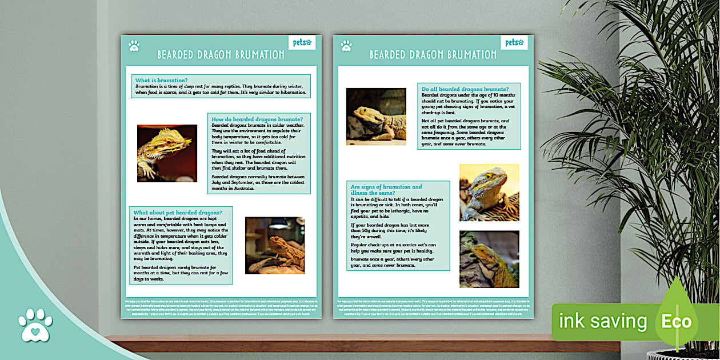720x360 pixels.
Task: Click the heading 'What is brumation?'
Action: [162, 80]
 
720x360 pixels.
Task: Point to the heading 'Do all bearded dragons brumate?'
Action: [465, 89]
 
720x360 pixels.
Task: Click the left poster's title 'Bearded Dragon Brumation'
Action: [221, 55]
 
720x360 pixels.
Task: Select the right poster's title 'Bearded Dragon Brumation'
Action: [433, 55]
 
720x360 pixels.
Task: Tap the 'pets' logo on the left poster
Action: [302, 42]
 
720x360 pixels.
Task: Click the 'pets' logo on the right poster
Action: [514, 42]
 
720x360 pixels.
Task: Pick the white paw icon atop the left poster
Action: [134, 46]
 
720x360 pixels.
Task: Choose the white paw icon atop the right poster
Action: [346, 46]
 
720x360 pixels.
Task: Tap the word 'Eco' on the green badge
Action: [676, 321]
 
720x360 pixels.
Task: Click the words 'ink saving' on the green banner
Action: [602, 321]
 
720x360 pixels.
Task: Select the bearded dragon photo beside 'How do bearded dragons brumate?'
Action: [167, 153]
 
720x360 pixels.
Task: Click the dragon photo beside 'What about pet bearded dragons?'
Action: [275, 246]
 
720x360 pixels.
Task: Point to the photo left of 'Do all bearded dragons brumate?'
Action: [376, 117]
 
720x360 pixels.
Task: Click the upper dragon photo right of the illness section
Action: [489, 193]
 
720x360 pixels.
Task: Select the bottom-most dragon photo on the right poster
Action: [489, 259]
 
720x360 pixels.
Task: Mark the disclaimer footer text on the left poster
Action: [221, 307]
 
